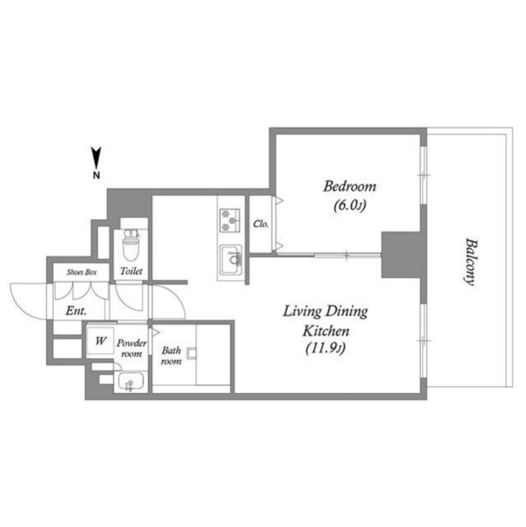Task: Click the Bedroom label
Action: [350, 186]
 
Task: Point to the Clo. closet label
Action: [260, 224]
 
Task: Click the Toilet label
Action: [131, 271]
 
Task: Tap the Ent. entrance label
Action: [76, 311]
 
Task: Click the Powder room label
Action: [132, 348]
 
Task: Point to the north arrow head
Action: [96, 156]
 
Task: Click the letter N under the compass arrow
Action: [96, 175]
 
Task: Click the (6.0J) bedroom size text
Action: [349, 205]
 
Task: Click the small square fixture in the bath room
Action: [191, 354]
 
